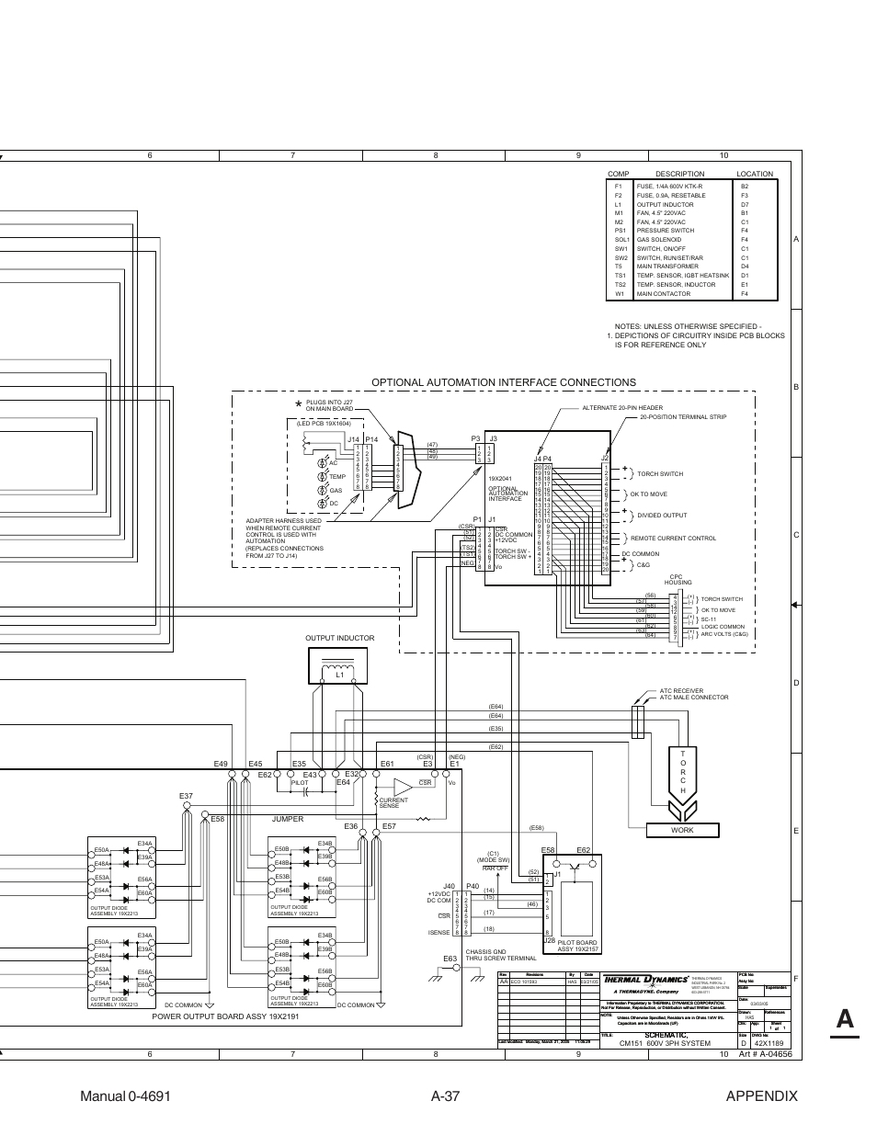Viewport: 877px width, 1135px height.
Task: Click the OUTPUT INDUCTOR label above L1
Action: [x=339, y=638]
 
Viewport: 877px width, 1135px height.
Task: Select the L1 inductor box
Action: [x=340, y=666]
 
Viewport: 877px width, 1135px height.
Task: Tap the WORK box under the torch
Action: [x=682, y=830]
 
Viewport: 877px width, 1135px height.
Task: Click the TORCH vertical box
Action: [x=683, y=772]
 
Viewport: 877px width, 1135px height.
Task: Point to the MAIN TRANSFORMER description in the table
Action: [x=667, y=267]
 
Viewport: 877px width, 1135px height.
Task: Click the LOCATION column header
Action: [x=754, y=174]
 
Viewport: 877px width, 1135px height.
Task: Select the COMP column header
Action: [x=618, y=174]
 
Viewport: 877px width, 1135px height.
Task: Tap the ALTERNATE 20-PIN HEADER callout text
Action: [x=621, y=408]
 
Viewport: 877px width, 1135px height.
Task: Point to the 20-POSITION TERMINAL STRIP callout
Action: [x=683, y=417]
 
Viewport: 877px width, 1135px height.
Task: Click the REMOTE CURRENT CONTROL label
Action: [x=673, y=539]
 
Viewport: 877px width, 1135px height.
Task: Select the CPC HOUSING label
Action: [x=678, y=580]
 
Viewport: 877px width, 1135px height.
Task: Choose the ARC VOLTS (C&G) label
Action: [x=724, y=634]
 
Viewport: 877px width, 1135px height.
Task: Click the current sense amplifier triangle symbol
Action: [x=403, y=787]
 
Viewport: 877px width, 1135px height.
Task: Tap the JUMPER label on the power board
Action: [x=287, y=819]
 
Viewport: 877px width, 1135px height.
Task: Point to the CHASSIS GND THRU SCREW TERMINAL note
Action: [x=500, y=955]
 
